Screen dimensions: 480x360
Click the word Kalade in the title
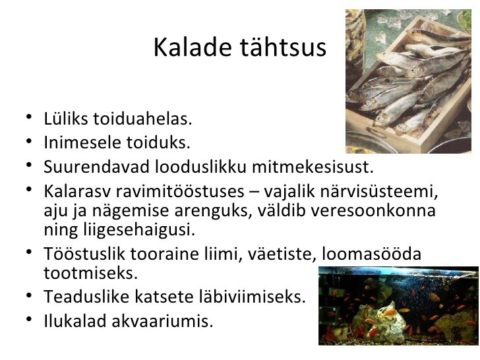coord(193,47)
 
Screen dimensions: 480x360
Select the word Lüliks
coord(66,119)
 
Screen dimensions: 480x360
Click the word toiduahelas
coord(142,119)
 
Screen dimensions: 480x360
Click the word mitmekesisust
coord(313,167)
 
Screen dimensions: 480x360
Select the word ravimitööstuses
coord(180,191)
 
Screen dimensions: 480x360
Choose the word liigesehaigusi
coord(138,229)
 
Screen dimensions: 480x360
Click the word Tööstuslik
coord(84,253)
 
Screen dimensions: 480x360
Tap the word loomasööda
coord(372,253)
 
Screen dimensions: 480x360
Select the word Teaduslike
coord(86,296)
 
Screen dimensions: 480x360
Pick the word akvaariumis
coord(162,321)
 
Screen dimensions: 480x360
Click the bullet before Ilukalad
coord(29,318)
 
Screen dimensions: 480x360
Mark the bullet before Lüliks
coord(29,117)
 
